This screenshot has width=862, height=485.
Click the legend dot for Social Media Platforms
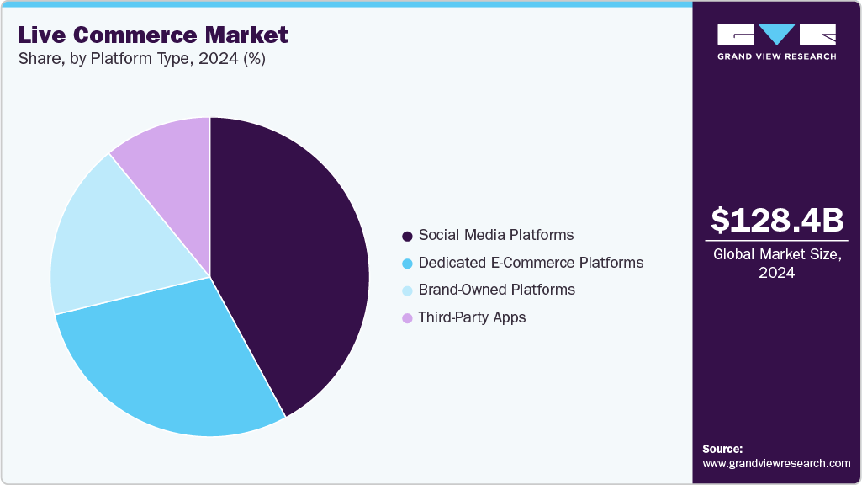408,236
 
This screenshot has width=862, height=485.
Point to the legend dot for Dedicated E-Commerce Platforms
408,264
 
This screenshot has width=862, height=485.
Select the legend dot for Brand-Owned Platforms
408,290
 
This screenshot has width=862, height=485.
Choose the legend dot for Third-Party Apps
408,318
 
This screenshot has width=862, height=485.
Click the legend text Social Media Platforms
496,235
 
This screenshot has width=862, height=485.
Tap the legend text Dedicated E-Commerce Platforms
531,263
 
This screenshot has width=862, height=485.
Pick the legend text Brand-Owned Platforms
497,290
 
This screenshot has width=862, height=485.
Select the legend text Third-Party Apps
472,317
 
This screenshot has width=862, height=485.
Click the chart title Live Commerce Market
153,35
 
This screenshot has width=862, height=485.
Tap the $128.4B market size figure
776,221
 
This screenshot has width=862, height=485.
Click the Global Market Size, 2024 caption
776,263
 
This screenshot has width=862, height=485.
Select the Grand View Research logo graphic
776,35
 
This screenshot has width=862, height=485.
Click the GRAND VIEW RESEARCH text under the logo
776,56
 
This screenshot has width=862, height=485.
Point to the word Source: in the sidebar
722,449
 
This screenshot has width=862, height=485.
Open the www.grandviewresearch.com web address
776,463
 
